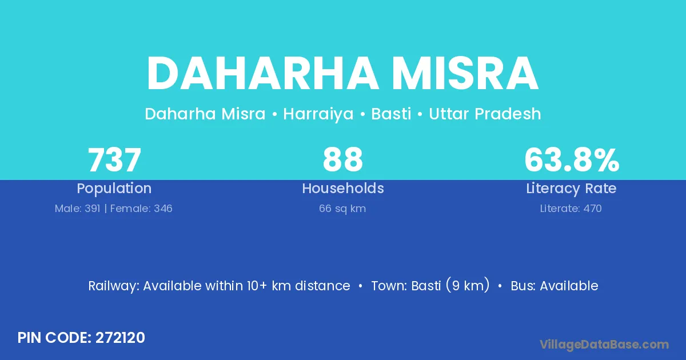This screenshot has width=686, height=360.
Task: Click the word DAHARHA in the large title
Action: pos(263,74)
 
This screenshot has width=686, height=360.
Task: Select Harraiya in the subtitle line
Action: pos(318,114)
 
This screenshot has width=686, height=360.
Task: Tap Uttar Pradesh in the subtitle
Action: pos(485,114)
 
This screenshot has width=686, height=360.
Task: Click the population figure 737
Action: pos(114,160)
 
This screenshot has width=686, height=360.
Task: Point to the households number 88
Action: pos(342,160)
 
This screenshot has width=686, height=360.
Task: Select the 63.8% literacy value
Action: pos(572,160)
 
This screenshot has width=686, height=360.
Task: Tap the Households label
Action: pos(343,188)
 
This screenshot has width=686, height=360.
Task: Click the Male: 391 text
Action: pos(78,209)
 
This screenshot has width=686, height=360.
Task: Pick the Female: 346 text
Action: pos(141,209)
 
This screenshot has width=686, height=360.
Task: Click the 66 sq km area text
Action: pos(342,209)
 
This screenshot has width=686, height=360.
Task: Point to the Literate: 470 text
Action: pos(571,209)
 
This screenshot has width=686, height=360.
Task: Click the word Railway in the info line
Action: pos(114,286)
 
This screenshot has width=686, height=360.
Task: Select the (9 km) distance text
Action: pos(468,286)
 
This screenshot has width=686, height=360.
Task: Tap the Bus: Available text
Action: pos(555,286)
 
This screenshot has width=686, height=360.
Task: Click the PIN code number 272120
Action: pos(120,338)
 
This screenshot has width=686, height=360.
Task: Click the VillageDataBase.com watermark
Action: pos(604,345)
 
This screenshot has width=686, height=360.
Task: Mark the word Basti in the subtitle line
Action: pos(391,114)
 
